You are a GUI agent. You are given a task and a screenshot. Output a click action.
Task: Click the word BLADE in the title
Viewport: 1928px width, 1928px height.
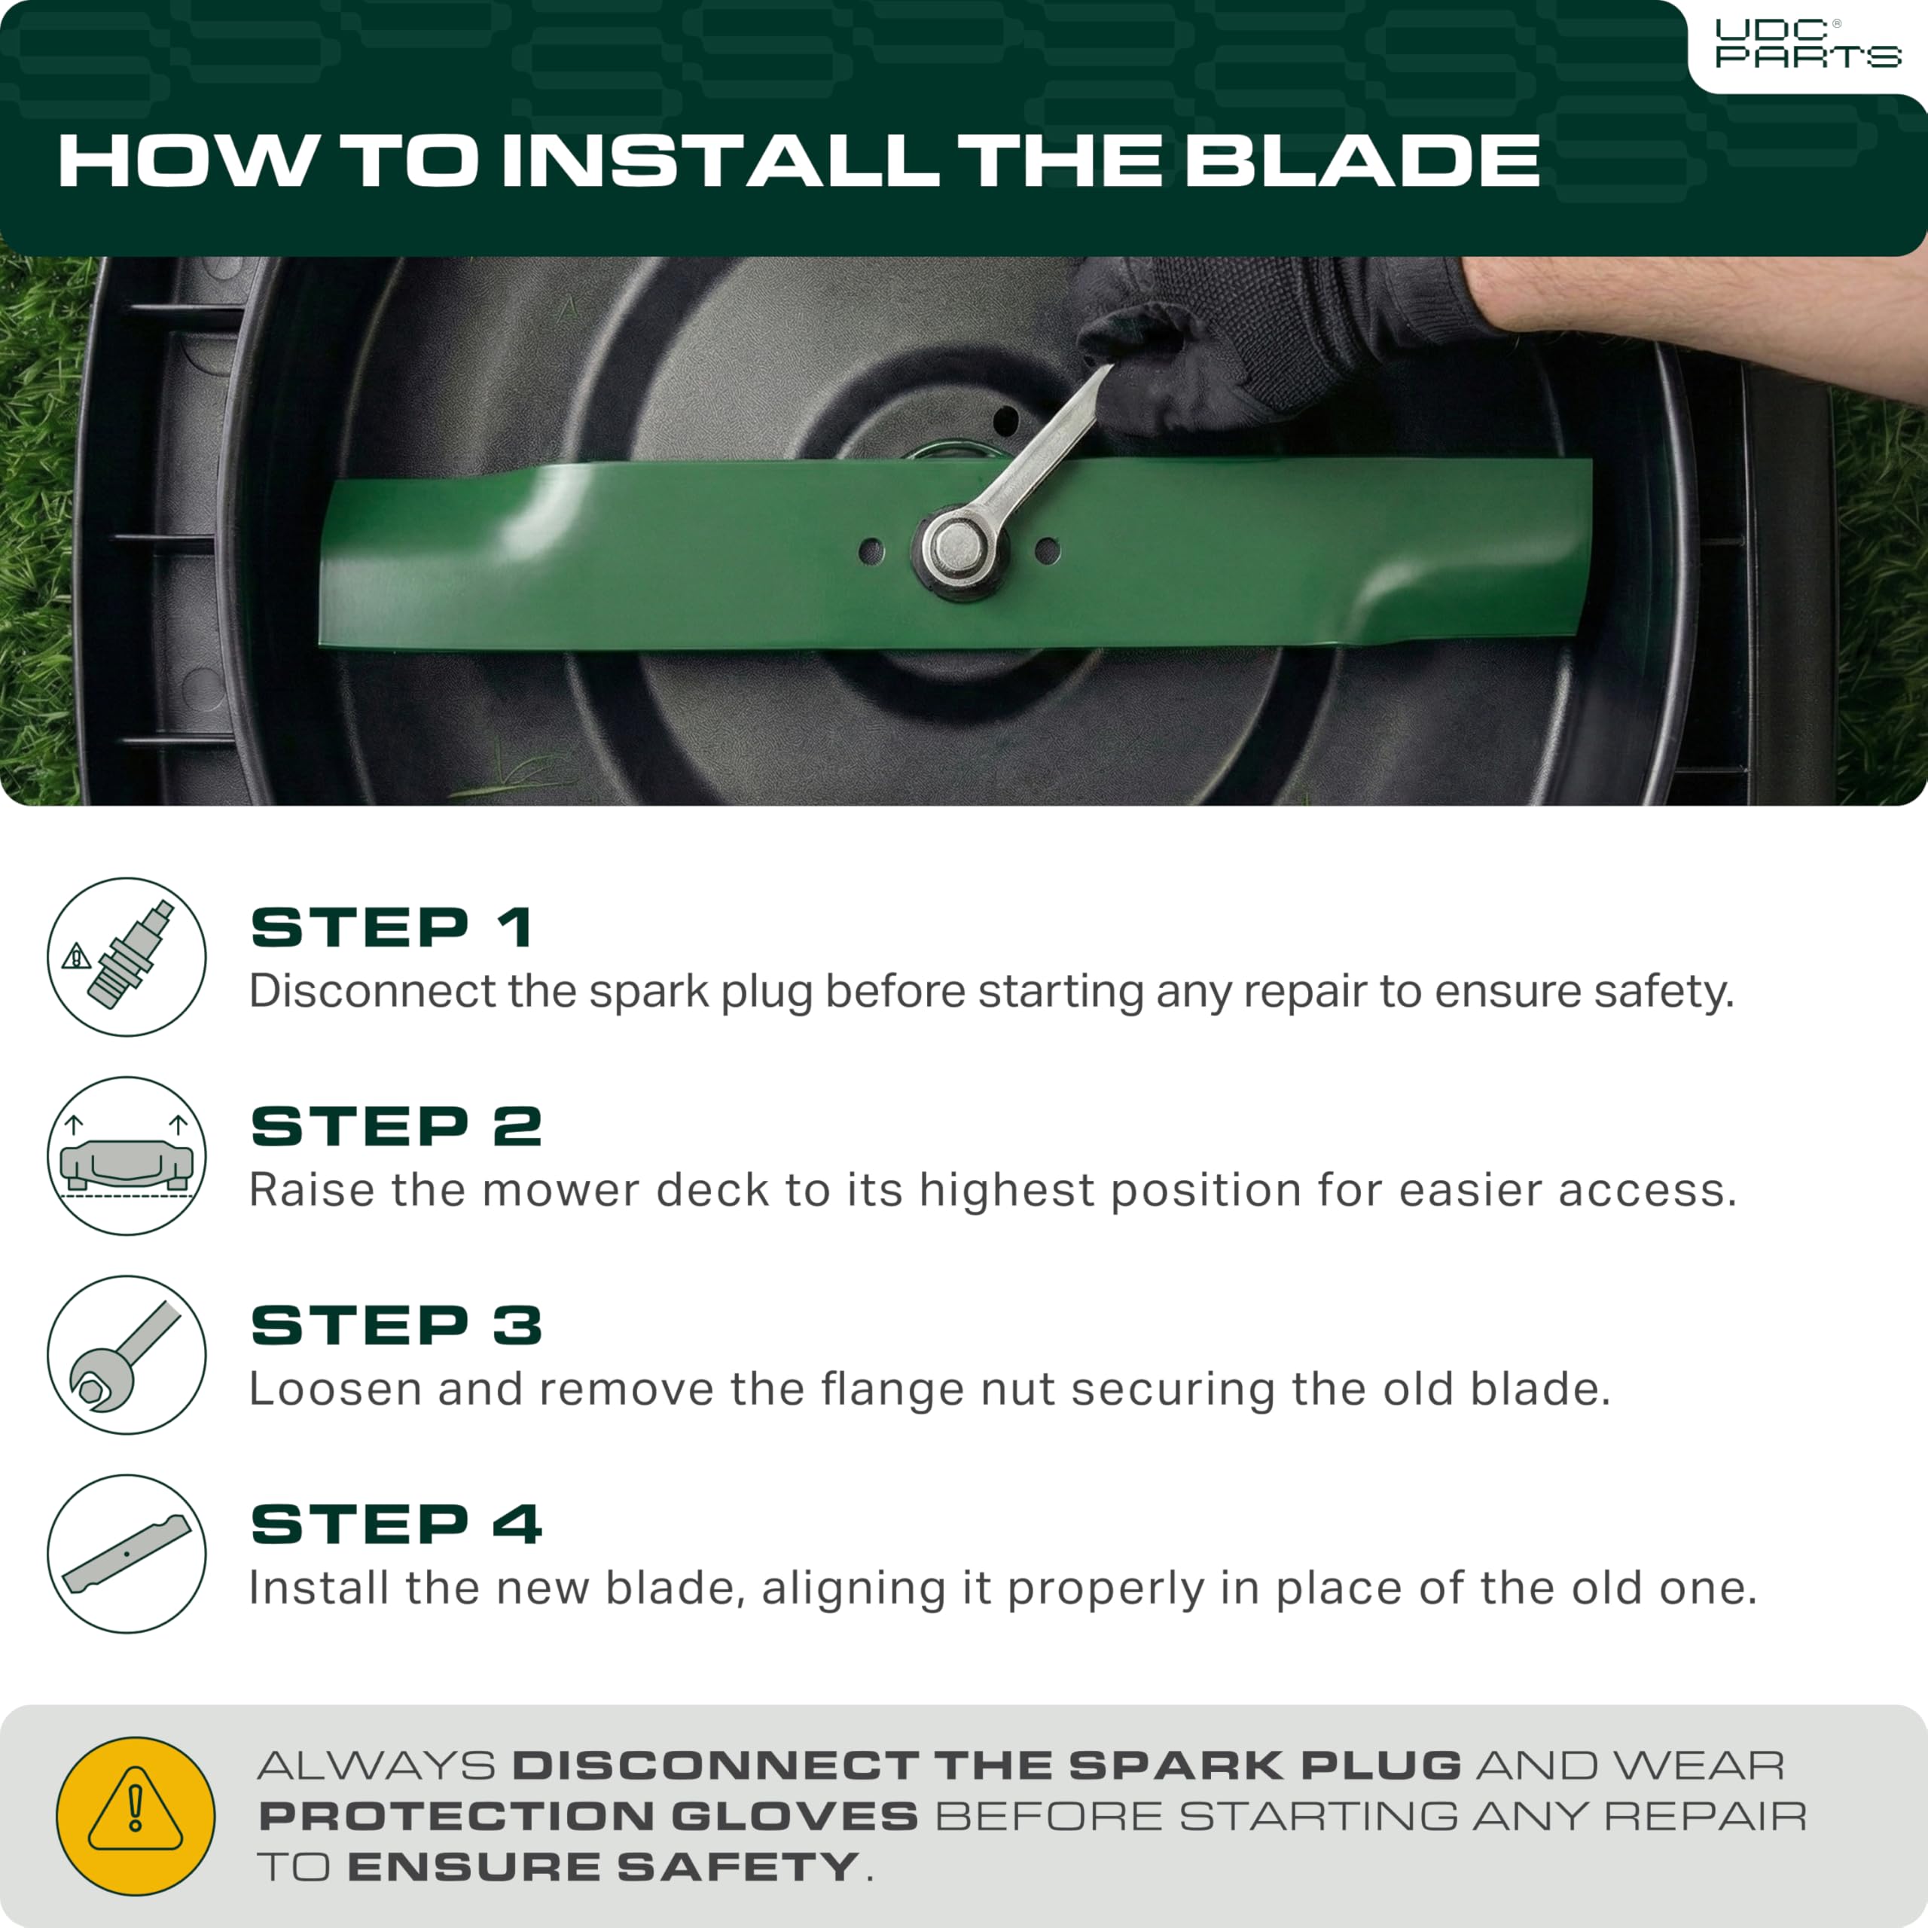pyautogui.click(x=1362, y=160)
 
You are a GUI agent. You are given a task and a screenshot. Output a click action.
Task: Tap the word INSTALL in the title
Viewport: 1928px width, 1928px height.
pyautogui.click(x=719, y=160)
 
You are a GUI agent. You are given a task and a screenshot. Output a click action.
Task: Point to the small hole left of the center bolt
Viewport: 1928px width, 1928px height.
pyautogui.click(x=871, y=549)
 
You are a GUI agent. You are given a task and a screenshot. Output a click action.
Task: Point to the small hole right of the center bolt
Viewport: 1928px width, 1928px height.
pyautogui.click(x=1047, y=549)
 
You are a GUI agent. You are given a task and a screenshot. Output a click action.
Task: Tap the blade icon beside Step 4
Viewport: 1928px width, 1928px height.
pyautogui.click(x=127, y=1554)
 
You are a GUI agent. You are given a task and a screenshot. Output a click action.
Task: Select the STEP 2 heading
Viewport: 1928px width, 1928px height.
pyautogui.click(x=396, y=1127)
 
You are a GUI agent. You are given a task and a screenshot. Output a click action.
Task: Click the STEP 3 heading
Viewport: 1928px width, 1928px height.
pyautogui.click(x=396, y=1325)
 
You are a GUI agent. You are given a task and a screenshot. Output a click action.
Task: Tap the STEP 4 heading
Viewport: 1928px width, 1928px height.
pyautogui.click(x=396, y=1524)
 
